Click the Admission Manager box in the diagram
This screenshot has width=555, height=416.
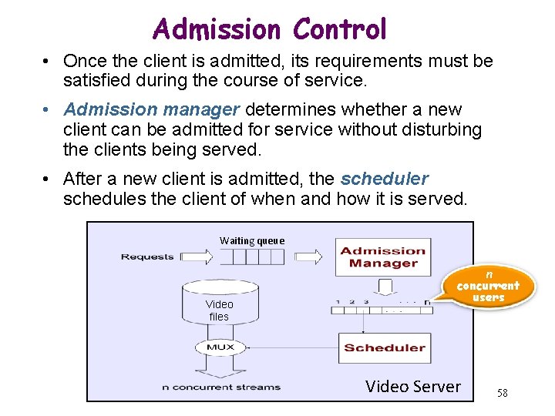click(x=382, y=257)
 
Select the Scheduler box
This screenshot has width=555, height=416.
click(x=384, y=347)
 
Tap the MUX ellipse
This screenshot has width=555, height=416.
click(x=220, y=347)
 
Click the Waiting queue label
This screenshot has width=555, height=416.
click(x=252, y=240)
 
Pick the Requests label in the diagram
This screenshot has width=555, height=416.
click(x=147, y=257)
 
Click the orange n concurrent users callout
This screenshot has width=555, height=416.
click(x=488, y=287)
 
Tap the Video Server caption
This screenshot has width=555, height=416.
click(x=413, y=387)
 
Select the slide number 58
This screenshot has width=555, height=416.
click(x=503, y=394)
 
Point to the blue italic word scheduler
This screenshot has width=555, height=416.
click(x=384, y=179)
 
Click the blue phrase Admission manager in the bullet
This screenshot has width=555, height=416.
click(x=127, y=111)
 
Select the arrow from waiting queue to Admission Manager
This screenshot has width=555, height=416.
click(x=311, y=257)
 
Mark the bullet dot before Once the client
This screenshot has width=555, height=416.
click(x=48, y=61)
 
